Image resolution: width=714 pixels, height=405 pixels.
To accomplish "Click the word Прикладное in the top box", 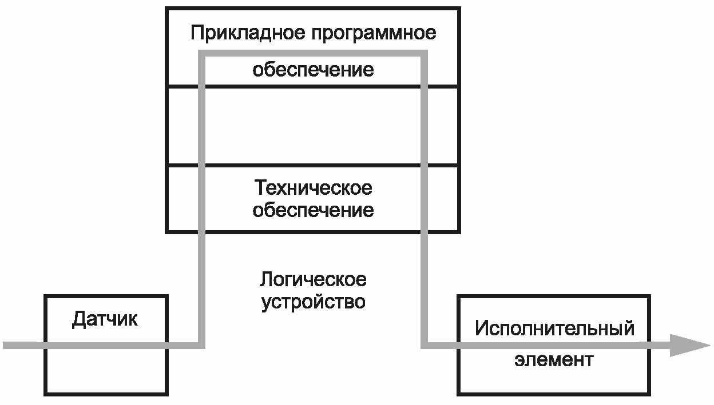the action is [x=248, y=33].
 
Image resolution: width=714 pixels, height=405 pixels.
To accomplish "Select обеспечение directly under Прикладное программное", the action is [x=313, y=70].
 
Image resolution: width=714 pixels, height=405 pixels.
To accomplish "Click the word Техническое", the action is [x=313, y=187].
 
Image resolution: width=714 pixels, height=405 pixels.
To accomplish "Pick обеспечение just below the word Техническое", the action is [x=313, y=210].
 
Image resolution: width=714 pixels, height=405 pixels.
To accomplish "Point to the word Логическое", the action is [x=313, y=280].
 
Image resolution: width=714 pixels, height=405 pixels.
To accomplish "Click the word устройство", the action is [x=313, y=302].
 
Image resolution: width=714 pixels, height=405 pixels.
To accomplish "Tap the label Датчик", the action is [x=105, y=319].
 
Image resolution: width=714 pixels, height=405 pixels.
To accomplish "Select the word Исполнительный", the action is [x=554, y=328].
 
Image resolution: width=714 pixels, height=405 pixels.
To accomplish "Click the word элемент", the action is [x=554, y=360].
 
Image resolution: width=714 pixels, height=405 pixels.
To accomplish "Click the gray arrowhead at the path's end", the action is [x=690, y=346].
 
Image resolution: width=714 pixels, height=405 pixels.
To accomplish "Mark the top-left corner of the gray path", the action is [x=202, y=53].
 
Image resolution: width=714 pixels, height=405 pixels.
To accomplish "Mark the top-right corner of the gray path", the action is [x=425, y=53].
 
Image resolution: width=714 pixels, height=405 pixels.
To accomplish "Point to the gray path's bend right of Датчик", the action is [x=202, y=346].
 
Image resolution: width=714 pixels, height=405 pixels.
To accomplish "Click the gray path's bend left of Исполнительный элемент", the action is [x=425, y=346].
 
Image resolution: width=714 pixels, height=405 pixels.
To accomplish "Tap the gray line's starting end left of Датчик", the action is [x=4, y=346].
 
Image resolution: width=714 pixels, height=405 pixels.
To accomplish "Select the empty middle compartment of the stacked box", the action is [x=313, y=126].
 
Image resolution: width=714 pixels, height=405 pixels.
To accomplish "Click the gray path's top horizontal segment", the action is [x=313, y=53].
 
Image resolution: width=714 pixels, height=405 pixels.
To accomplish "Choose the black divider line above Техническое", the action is [x=313, y=166].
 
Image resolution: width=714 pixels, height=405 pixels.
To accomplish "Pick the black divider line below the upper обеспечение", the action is [x=313, y=86].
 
